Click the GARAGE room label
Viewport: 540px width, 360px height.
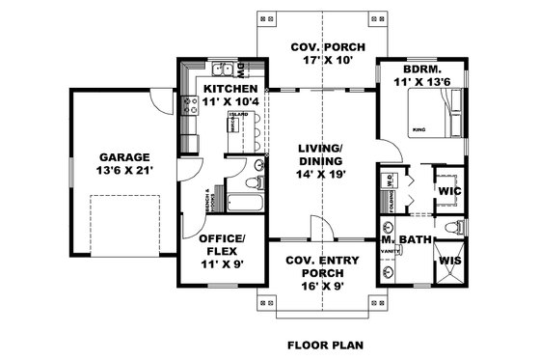[x=123, y=155]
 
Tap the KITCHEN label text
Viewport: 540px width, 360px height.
[x=230, y=88]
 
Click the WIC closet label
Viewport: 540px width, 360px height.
[x=448, y=192]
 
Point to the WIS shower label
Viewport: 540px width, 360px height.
[x=448, y=262]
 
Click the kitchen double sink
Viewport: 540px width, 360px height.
[x=224, y=69]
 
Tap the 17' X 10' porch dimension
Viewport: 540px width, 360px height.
[x=321, y=61]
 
